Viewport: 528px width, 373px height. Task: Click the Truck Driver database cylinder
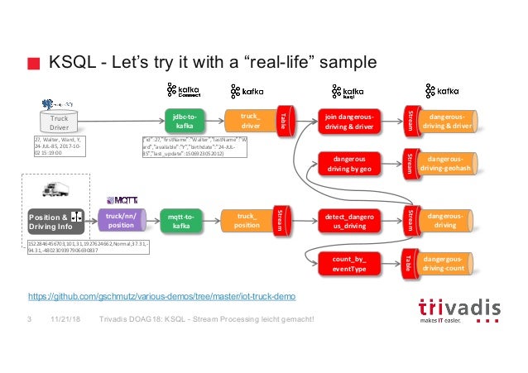(58, 122)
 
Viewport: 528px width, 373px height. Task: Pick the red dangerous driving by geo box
(348, 162)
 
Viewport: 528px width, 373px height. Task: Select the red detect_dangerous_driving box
(348, 221)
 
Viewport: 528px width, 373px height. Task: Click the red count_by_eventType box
(348, 264)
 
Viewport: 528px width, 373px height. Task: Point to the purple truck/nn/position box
(121, 221)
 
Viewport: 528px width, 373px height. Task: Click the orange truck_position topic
(249, 221)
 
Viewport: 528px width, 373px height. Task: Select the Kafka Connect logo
(185, 91)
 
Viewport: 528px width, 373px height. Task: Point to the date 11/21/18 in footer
(65, 319)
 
